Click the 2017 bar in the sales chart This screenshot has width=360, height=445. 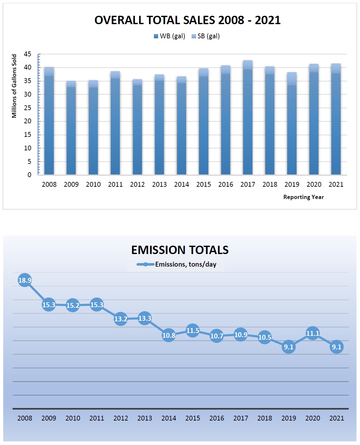tap(248, 118)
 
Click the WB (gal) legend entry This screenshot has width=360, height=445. tap(170, 36)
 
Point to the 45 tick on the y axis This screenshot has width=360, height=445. tap(28, 54)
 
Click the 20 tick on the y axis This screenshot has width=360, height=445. tap(28, 121)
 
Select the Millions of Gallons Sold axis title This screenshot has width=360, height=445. tap(14, 86)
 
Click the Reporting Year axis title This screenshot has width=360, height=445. tap(303, 197)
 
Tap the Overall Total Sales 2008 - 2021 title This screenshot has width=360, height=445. tap(187, 20)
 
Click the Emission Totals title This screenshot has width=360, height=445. tap(180, 250)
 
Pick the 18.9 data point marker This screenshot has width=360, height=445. tap(25, 280)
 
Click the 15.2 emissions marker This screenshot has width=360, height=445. tap(73, 305)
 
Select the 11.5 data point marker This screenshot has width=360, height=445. tap(193, 331)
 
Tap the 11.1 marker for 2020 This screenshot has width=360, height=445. tap(313, 333)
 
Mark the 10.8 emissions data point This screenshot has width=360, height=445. tap(169, 336)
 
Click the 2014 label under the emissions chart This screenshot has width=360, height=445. tap(169, 418)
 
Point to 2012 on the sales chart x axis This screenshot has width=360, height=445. tap(137, 185)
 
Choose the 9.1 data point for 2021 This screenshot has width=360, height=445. tap(336, 347)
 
